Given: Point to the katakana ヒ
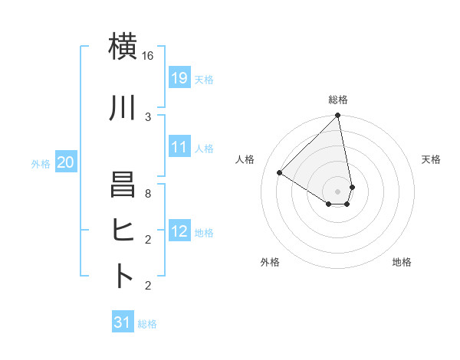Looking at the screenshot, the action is pos(123,231).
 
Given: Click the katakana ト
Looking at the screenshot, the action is pos(123,276).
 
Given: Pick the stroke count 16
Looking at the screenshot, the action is pos(148,56).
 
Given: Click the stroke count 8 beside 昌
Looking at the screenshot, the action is pos(148,195).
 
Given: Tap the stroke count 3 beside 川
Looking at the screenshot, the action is pos(148,116).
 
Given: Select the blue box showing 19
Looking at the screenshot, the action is pos(179,78).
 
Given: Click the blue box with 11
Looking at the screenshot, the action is pos(179,148).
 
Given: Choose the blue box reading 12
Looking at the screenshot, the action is pos(179,231).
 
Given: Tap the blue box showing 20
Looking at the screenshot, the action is pos(66,162).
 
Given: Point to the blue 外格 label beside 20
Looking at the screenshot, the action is pos(41,163).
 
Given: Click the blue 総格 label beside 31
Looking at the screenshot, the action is pos(147,324).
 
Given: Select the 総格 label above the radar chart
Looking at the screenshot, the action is pos(338,100).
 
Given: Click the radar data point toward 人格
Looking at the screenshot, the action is pos(280,173).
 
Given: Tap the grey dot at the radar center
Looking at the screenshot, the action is pos(337,191).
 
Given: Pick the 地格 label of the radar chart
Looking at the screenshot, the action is pos(402,262).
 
